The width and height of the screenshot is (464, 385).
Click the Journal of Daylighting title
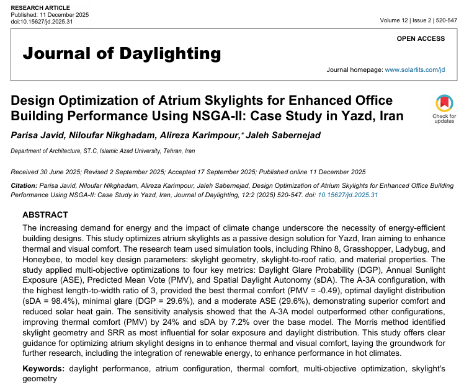pyautogui.click(x=122, y=53)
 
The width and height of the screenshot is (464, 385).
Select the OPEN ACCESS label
pyautogui.click(x=421, y=38)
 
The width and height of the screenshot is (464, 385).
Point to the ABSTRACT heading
pyautogui.click(x=45, y=215)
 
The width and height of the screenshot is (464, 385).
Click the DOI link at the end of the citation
pyautogui.click(x=348, y=195)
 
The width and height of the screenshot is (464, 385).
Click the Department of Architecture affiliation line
pyautogui.click(x=103, y=151)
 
